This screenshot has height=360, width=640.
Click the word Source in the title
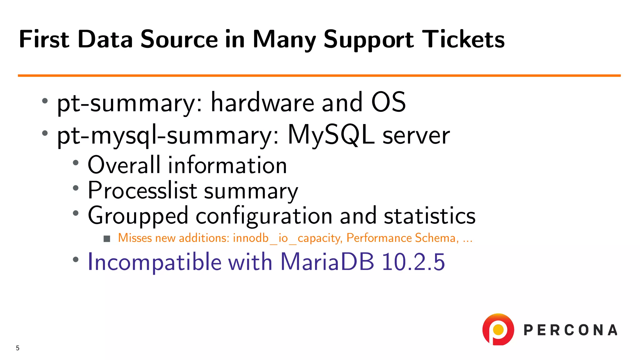[179, 39]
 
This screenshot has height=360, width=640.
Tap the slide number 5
[17, 348]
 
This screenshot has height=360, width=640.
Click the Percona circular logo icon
[498, 329]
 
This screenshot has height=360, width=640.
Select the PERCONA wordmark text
[570, 330]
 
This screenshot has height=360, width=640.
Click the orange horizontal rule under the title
[319, 75]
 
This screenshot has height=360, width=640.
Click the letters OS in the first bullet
[388, 102]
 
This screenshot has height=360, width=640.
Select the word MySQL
[331, 135]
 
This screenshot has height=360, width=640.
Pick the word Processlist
[142, 190]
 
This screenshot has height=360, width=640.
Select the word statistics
[429, 216]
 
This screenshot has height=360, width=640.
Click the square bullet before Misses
[107, 239]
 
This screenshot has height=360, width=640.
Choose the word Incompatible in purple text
[154, 262]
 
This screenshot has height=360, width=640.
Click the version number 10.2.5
[413, 262]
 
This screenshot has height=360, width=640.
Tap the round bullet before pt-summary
[45, 101]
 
